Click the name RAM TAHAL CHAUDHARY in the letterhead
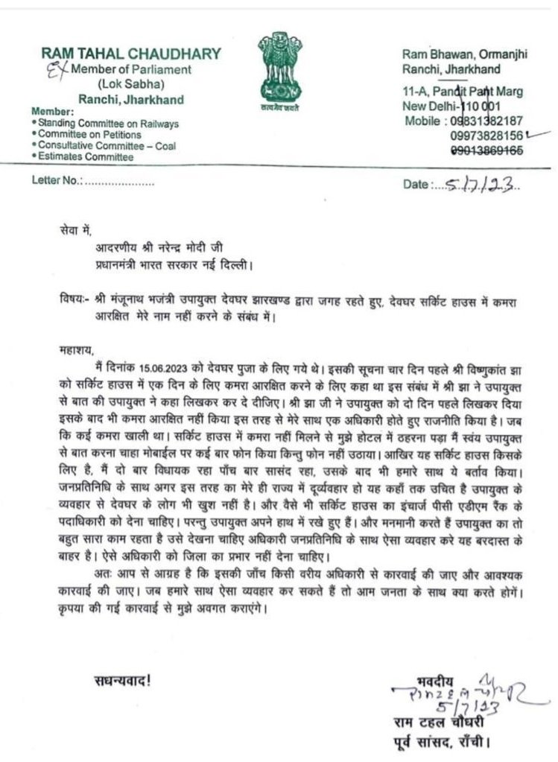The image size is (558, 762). pyautogui.click(x=131, y=54)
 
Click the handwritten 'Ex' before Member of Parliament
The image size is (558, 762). pyautogui.click(x=50, y=70)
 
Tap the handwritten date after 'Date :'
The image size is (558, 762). pyautogui.click(x=478, y=183)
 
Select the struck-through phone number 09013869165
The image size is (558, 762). pyautogui.click(x=486, y=150)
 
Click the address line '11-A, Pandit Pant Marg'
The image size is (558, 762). pyautogui.click(x=462, y=92)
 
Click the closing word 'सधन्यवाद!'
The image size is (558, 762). pyautogui.click(x=122, y=679)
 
